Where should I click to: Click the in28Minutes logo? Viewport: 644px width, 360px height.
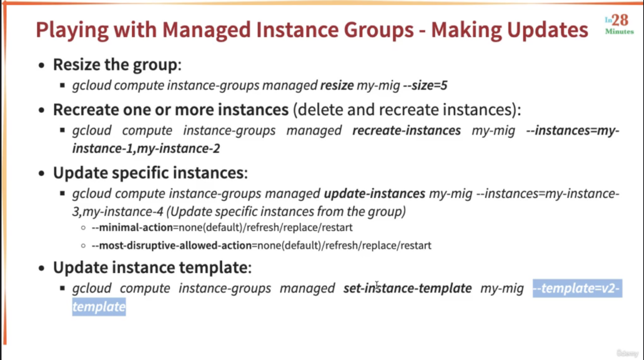click(619, 25)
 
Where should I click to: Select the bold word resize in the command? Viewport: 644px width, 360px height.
click(337, 85)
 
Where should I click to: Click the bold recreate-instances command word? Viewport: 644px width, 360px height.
click(407, 131)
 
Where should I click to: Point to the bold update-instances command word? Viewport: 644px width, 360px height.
click(374, 194)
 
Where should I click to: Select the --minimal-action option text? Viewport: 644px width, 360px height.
click(132, 228)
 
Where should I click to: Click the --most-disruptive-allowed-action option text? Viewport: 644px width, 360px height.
click(172, 245)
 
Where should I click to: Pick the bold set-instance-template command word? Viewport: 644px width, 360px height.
click(407, 288)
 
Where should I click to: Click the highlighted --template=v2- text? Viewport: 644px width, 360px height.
click(577, 288)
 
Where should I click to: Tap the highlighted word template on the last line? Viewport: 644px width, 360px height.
click(99, 306)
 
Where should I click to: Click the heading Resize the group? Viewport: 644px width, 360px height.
click(117, 65)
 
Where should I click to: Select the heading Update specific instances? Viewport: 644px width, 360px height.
click(150, 173)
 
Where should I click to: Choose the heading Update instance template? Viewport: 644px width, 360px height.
click(153, 268)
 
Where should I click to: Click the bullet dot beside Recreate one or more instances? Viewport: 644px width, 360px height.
click(42, 110)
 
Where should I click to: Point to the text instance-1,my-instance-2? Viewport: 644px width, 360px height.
click(146, 149)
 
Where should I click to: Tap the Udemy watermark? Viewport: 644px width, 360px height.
click(627, 353)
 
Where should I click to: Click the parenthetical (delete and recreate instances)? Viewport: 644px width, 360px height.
click(407, 110)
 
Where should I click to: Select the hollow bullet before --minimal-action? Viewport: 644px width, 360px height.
click(83, 228)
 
